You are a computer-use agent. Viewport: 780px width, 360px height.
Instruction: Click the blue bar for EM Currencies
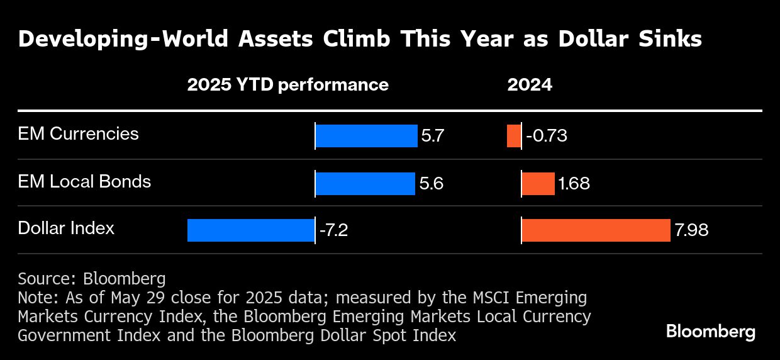coord(366,135)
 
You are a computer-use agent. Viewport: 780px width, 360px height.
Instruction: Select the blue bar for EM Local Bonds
coord(365,184)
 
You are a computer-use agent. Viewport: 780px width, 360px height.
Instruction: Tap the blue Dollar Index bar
coord(250,230)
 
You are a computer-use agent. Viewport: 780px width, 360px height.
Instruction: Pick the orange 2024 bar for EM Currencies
coord(514,135)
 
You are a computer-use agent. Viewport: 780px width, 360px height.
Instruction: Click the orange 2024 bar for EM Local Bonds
coord(538,184)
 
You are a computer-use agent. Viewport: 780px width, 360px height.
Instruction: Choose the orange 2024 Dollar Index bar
coord(596,230)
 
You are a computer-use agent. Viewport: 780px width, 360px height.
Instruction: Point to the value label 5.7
coord(433,135)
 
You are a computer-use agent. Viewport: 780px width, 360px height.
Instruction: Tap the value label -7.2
coord(333,230)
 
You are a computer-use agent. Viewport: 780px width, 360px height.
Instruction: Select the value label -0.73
coord(547,135)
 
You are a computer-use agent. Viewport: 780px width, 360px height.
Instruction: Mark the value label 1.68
coord(574,184)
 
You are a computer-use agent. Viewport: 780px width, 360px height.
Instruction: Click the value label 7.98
coord(691,230)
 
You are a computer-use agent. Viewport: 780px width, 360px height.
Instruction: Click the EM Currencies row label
coord(78,133)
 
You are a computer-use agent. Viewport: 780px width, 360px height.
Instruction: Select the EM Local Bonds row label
coord(84,181)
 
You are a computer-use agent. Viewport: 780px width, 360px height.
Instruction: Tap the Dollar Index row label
coord(66,228)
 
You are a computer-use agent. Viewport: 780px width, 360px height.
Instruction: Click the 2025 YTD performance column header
coord(287,84)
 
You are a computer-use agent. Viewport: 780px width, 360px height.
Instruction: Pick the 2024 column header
coord(530,84)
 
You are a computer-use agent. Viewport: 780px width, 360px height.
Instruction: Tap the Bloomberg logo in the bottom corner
coord(711,332)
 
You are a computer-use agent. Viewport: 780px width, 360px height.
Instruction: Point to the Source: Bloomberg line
coord(92,278)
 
